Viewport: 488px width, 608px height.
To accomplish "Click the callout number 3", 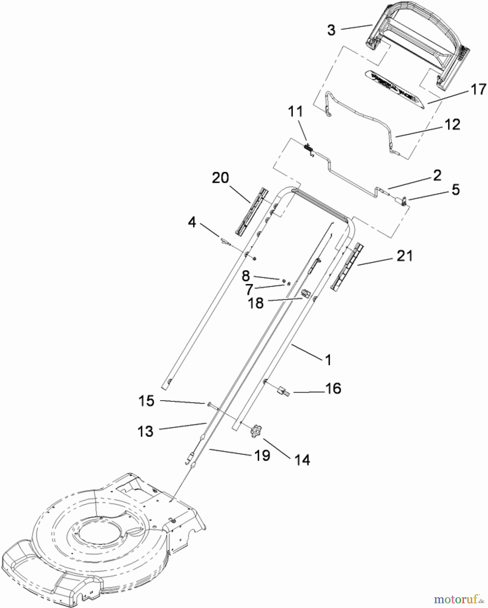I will [331, 30].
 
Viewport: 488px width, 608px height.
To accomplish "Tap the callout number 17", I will [478, 90].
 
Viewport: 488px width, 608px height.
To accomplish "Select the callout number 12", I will [453, 125].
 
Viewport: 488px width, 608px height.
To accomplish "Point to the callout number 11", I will [296, 111].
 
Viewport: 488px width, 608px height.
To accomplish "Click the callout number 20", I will [220, 178].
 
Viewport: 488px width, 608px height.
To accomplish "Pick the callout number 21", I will [405, 256].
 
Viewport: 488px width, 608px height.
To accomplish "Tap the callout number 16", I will [333, 388].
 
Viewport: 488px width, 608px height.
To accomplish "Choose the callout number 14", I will [302, 460].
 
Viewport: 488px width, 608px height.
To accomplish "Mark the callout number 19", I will [262, 455].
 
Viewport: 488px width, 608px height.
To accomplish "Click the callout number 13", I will [146, 431].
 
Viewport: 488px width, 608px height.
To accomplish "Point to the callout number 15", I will [146, 401].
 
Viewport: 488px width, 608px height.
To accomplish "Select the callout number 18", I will [256, 303].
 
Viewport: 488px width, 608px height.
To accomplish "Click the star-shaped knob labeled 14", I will [256, 432].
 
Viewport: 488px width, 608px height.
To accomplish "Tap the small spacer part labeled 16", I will [283, 391].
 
